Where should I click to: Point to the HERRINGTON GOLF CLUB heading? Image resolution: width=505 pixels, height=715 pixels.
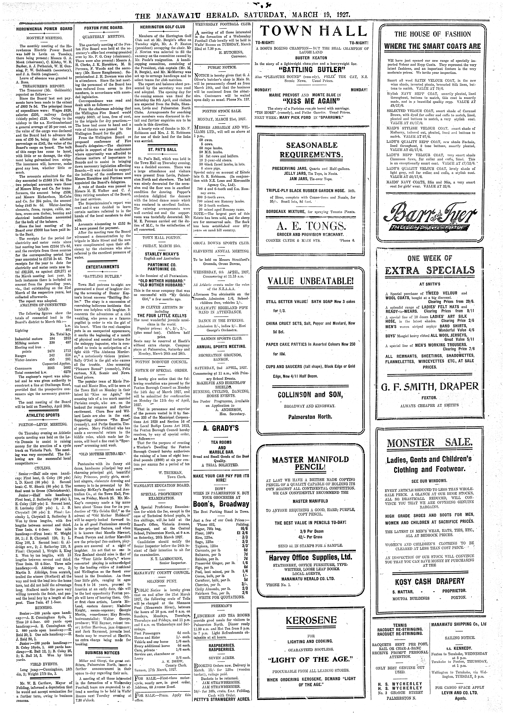click(x=162, y=27)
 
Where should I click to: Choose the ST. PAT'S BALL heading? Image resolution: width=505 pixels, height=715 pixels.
click(x=162, y=149)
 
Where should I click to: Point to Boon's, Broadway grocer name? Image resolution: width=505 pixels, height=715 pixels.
click(x=221, y=504)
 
